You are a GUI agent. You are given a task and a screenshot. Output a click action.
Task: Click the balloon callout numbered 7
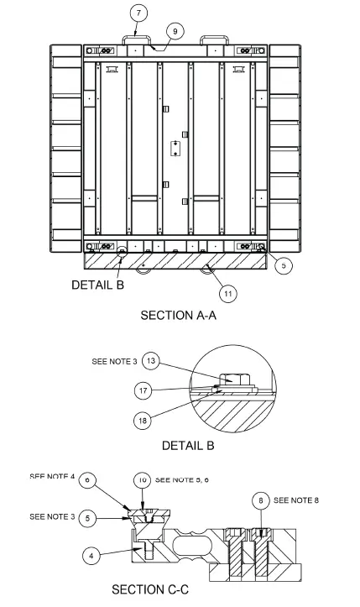139,13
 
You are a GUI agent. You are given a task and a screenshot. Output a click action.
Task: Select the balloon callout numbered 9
175,31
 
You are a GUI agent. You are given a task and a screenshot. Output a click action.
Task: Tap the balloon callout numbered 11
227,293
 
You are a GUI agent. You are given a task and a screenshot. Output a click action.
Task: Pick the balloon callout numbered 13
150,361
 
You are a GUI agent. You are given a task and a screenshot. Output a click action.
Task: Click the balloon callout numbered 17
144,390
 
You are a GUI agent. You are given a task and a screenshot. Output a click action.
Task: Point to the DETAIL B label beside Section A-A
97,285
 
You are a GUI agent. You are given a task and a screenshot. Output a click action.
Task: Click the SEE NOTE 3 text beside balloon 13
112,362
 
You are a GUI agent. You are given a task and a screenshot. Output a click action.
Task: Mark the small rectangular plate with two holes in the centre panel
175,149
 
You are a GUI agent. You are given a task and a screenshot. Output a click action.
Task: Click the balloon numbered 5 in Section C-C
91,517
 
